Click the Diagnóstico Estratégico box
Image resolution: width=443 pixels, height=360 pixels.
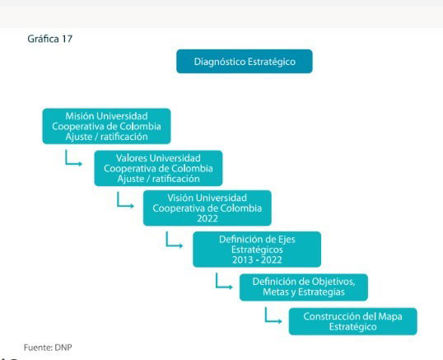[245, 61]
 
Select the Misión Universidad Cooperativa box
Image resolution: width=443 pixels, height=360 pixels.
[106, 126]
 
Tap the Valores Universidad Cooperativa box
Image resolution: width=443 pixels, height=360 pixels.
[158, 168]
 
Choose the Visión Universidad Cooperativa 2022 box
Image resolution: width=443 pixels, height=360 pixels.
[208, 208]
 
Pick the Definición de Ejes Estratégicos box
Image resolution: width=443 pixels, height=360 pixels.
[257, 250]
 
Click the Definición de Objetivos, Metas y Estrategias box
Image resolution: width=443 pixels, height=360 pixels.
[304, 288]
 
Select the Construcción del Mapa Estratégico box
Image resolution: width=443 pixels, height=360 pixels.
[353, 321]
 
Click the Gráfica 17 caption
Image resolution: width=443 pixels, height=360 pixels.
[50, 39]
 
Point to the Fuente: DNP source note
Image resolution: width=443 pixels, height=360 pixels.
[48, 348]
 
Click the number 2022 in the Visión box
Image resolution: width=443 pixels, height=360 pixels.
[208, 218]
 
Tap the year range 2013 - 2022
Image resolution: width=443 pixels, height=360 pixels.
[257, 259]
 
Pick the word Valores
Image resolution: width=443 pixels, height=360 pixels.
[131, 158]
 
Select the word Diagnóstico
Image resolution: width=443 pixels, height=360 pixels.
[220, 62]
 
